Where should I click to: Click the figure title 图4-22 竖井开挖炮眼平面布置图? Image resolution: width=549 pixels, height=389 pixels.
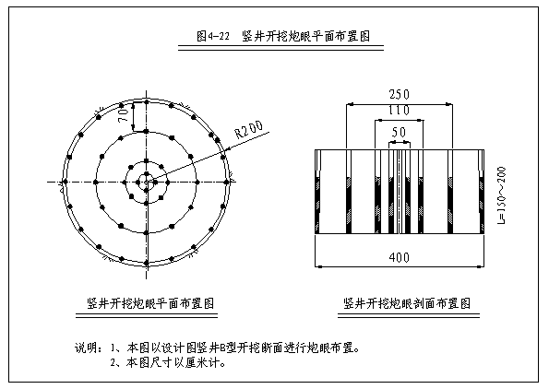click(x=283, y=36)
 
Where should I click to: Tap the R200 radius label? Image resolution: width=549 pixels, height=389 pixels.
click(x=249, y=129)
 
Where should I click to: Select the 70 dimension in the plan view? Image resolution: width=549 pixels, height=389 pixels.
click(x=124, y=114)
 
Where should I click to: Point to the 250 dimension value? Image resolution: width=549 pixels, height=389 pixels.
click(x=399, y=94)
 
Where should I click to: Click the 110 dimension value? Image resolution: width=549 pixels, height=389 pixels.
click(x=399, y=111)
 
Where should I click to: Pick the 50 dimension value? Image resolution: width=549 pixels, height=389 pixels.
click(x=399, y=132)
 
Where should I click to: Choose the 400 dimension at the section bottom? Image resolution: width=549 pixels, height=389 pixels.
click(x=400, y=257)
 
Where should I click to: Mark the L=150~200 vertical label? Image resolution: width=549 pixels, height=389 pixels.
click(x=502, y=194)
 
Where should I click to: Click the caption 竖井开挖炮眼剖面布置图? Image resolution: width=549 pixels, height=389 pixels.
click(x=407, y=303)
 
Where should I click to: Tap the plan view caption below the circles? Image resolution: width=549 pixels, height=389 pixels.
click(x=150, y=303)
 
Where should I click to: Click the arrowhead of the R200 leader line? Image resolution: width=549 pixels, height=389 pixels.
click(x=225, y=151)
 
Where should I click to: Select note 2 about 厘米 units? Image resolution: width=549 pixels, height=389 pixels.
click(x=168, y=362)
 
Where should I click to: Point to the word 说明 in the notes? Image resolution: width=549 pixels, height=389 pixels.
click(x=84, y=348)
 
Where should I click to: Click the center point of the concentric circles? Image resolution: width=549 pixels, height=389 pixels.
click(x=147, y=182)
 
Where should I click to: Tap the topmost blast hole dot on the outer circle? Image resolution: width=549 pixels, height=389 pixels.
click(x=147, y=102)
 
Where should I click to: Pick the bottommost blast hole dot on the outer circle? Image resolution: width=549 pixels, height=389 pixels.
click(x=147, y=263)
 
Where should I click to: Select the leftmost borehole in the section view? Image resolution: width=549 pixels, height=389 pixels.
click(x=317, y=192)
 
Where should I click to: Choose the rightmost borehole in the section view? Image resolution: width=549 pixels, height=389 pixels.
click(x=482, y=192)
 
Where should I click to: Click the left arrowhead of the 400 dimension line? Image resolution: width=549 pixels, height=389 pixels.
click(x=318, y=267)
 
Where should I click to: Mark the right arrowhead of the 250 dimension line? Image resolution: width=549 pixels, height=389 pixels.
click(x=448, y=104)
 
